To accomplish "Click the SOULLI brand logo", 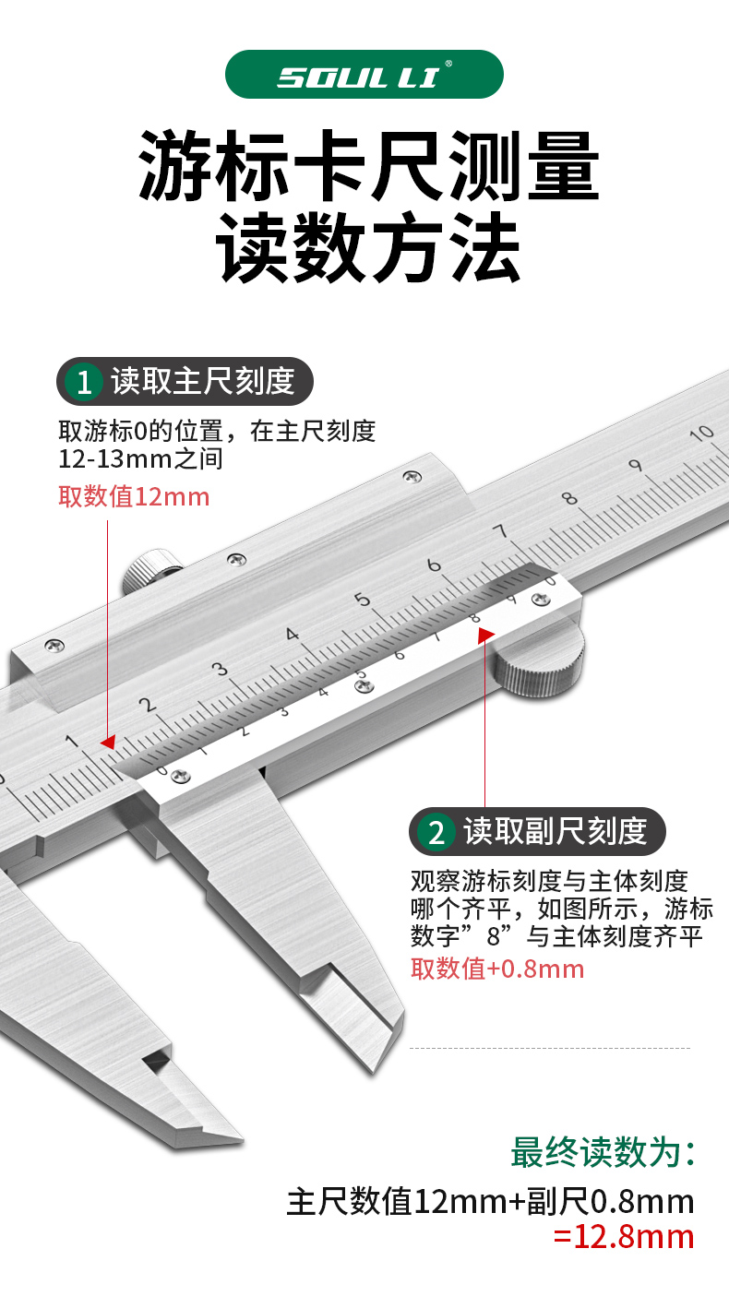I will [364, 75].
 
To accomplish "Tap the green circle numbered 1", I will [85, 382].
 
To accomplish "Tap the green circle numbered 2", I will [436, 832].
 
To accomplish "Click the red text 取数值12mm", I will [135, 497].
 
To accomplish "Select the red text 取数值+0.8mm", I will [497, 969].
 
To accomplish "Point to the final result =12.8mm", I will [624, 1236].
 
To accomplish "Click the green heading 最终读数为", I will [603, 1153].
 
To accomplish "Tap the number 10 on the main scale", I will [702, 433].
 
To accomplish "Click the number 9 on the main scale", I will [635, 465].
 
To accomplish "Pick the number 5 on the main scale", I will [364, 600].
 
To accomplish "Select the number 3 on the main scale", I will [220, 669].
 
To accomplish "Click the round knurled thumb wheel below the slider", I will [539, 662].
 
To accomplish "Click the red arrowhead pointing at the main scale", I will [108, 742].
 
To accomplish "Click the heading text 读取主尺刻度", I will [203, 381].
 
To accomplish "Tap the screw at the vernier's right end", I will [540, 600].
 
